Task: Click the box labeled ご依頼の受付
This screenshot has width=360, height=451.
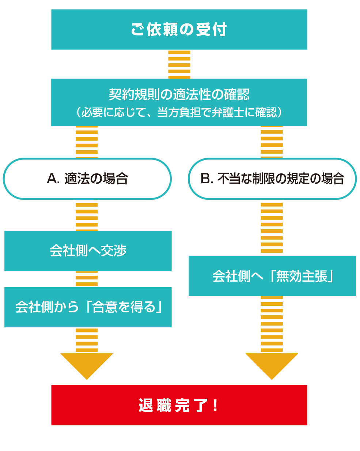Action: tap(179, 30)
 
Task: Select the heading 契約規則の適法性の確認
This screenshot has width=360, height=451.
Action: tap(179, 95)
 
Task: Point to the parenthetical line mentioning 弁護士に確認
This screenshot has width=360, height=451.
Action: tap(179, 112)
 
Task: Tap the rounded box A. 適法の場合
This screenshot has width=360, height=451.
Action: tap(87, 179)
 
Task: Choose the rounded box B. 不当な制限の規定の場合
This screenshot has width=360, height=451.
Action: tap(272, 179)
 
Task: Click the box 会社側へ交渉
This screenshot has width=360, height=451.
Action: tap(88, 251)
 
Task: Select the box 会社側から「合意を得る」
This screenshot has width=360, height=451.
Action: tap(88, 307)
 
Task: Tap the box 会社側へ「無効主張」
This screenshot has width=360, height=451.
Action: tap(272, 276)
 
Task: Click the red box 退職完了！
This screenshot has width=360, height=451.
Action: tap(179, 405)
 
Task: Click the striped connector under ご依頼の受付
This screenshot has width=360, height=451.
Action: tap(179, 64)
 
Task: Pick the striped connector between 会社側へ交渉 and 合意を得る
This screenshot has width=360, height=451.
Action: tap(87, 279)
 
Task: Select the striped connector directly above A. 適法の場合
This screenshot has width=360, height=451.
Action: tap(87, 142)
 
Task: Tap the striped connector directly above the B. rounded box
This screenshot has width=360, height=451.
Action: tap(272, 142)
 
